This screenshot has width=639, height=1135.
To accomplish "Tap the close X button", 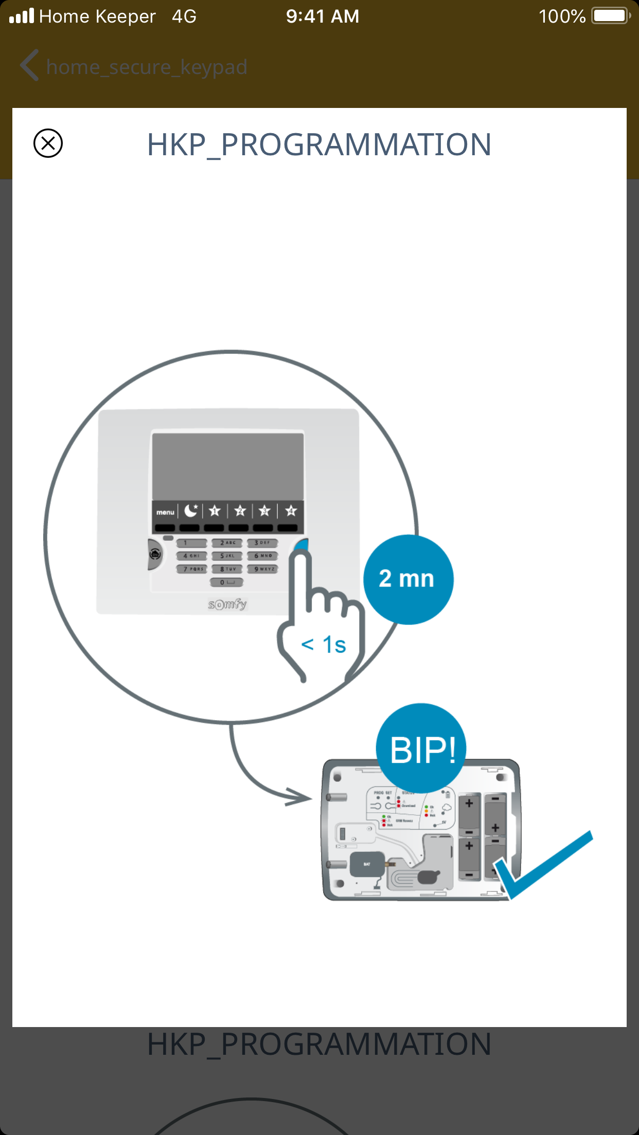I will (48, 143).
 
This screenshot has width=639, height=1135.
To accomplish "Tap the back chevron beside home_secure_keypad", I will (29, 65).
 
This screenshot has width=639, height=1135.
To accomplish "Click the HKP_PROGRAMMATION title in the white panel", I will (319, 144).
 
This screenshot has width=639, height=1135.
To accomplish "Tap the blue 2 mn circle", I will (408, 579).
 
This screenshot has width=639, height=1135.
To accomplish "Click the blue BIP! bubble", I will (422, 749).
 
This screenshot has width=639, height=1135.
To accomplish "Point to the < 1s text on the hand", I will (324, 645).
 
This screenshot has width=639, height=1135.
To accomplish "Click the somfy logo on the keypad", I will (227, 604).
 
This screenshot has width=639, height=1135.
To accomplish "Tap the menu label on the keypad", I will (165, 512).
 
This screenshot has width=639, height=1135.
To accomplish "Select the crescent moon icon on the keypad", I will (191, 510).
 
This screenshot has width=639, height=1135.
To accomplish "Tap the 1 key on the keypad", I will (191, 543).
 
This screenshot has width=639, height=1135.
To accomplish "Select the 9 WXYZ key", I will (262, 569).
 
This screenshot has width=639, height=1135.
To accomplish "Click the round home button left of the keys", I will (155, 554).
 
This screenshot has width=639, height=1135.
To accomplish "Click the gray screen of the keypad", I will (227, 466).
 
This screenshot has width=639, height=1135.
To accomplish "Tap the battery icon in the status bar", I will (611, 16).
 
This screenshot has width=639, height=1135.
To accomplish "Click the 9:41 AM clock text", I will (323, 16).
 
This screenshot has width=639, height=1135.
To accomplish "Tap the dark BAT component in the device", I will (367, 864).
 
